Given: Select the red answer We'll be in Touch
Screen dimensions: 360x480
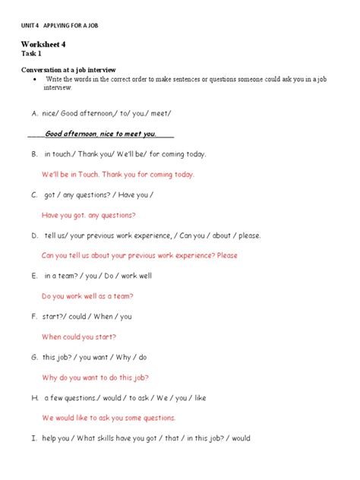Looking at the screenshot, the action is click(x=118, y=175).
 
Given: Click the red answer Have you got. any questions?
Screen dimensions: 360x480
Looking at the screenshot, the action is click(x=89, y=215).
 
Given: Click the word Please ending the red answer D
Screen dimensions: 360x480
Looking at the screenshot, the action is click(x=227, y=256).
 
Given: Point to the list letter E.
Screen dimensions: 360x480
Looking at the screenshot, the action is click(x=34, y=276).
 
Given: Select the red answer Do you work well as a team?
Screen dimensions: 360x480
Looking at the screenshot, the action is click(x=88, y=296).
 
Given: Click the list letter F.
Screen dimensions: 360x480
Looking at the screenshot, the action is click(x=34, y=317).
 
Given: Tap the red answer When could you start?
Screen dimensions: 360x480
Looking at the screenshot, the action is click(x=79, y=336).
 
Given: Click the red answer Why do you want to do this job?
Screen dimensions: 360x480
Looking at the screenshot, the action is click(x=96, y=377).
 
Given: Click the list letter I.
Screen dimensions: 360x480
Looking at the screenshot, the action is click(x=34, y=438).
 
